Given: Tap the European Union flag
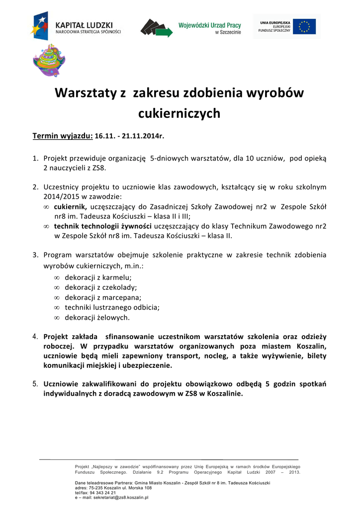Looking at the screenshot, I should click(304, 26).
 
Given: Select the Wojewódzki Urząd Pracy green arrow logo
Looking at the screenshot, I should click(157, 27).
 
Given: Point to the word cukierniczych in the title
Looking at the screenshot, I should click(179, 114).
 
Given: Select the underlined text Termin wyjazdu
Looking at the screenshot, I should click(63, 135).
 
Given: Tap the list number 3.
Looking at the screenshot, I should click(35, 255).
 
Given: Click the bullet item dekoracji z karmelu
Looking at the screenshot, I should click(98, 277).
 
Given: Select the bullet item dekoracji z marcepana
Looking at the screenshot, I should click(101, 297).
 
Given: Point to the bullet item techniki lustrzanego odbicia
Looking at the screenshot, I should click(112, 307).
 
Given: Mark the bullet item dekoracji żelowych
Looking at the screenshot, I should click(97, 317).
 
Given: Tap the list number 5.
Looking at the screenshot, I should click(35, 384).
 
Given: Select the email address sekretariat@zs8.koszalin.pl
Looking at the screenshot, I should click(118, 497).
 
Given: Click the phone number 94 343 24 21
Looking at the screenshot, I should click(99, 493).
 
